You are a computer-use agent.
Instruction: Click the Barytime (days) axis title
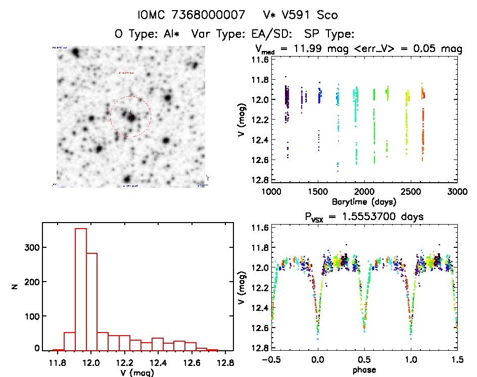point(364,201)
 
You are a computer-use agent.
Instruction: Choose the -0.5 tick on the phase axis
point(271,359)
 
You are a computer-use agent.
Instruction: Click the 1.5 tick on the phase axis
point(457,359)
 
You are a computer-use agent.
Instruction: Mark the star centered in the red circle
point(131,118)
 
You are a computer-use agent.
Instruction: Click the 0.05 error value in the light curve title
point(428,49)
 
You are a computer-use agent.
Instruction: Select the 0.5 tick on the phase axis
point(364,359)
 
